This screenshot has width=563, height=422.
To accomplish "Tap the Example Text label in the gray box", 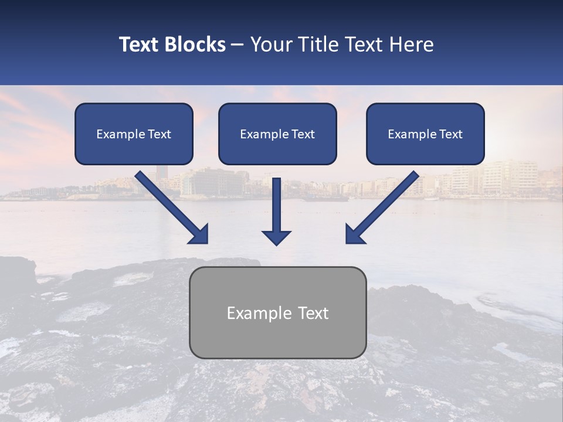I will coord(277,313).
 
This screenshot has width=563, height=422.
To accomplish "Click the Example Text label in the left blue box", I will coord(134,134).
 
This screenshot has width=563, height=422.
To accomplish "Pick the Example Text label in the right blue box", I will coord(425,134).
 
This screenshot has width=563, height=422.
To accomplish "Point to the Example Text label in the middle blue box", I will coord(277,134).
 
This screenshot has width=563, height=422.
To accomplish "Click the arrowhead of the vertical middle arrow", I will coord(276,237).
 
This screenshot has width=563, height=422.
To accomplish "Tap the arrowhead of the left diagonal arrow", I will coord(200,235).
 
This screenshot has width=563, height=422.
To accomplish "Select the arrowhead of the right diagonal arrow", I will coord(353,235).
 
